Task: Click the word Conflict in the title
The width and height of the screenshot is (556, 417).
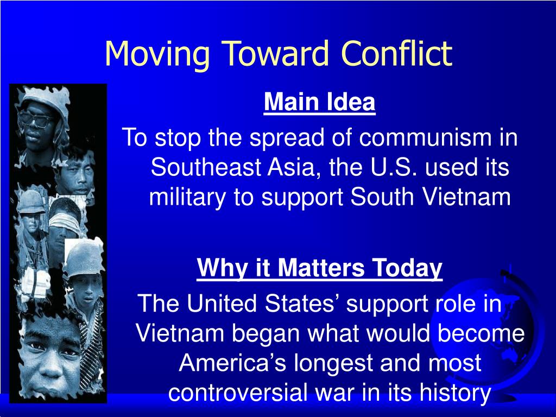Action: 396,53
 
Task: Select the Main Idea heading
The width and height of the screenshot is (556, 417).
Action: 319,102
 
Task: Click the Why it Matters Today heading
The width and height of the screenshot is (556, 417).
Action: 319,268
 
